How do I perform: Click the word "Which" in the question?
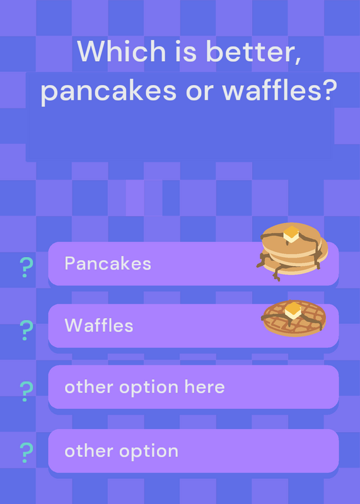tap(121, 51)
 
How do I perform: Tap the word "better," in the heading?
tap(253, 52)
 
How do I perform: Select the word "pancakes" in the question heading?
tap(108, 91)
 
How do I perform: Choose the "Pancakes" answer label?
tap(108, 263)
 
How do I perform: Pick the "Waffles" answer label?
tap(99, 325)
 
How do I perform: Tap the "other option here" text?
tap(144, 387)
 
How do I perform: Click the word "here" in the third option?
tap(205, 387)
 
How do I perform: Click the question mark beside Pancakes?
tap(26, 267)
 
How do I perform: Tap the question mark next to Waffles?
tap(26, 330)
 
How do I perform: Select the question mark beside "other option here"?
tap(26, 391)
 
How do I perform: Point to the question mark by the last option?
tap(26, 452)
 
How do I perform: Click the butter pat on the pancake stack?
tap(291, 234)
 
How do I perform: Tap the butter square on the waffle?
tap(293, 311)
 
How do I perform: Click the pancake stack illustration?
tap(292, 251)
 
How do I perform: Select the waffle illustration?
tap(294, 318)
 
